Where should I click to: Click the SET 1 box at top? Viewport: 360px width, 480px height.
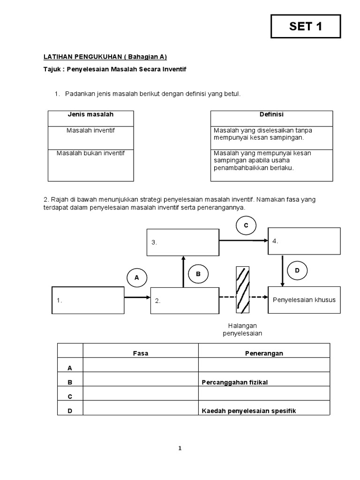(x=306, y=26)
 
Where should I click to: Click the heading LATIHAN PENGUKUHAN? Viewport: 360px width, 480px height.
(x=105, y=57)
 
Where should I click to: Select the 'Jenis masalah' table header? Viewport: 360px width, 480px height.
(x=91, y=114)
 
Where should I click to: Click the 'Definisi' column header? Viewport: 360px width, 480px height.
(x=271, y=114)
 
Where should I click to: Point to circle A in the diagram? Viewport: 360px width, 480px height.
(x=137, y=277)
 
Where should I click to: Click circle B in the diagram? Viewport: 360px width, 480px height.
(x=198, y=274)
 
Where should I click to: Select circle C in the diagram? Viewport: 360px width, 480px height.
(x=245, y=226)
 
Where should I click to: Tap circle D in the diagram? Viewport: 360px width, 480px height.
(x=297, y=270)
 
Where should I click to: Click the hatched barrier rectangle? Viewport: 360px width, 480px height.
(x=243, y=289)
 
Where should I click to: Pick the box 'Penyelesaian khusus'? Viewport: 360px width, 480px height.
(x=304, y=300)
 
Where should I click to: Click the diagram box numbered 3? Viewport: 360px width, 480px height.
(x=183, y=242)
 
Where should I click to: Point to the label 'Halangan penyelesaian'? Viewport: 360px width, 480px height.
(x=242, y=329)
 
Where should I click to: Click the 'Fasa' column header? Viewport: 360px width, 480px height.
(x=140, y=353)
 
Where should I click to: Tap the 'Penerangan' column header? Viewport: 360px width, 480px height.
(x=264, y=353)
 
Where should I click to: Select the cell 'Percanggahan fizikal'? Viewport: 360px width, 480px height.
(x=264, y=382)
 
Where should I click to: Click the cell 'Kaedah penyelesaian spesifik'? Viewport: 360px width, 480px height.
(x=264, y=411)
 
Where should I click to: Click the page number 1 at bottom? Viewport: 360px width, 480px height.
(x=180, y=448)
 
